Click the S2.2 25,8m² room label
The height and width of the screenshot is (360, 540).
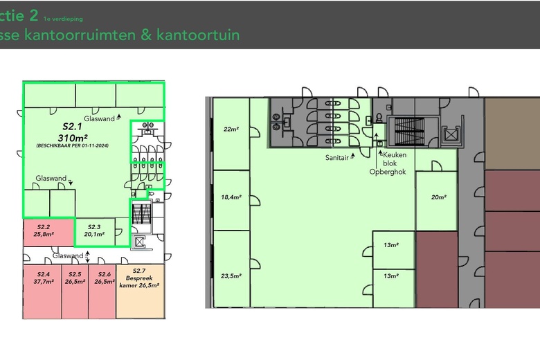43,231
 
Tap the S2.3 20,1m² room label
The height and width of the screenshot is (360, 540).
93,231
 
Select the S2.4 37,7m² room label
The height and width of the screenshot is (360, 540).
42,278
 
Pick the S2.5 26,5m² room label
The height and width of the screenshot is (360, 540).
75,278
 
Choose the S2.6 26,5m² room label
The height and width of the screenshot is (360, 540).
103,278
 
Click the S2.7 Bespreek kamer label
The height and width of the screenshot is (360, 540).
139,278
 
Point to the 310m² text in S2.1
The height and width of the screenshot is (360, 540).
73,137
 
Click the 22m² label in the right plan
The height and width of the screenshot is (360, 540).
231,129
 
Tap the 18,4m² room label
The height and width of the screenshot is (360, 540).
231,197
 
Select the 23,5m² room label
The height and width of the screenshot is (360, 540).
231,276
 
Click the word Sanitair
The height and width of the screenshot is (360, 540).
337,157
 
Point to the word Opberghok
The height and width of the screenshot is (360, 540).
386,172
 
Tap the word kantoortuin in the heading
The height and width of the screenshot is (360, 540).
198,34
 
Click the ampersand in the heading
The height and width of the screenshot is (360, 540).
146,34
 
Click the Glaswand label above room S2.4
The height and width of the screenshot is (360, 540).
67,255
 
